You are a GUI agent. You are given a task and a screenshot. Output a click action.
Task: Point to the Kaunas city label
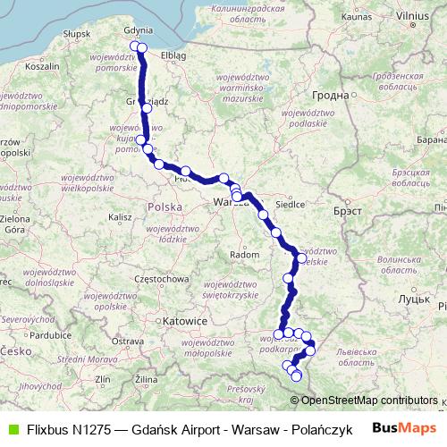point(356,16)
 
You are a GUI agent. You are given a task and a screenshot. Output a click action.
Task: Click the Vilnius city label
point(412,16)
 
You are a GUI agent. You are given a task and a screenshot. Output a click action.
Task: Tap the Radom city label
point(244,255)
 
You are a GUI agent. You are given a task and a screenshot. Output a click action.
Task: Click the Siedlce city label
point(291,203)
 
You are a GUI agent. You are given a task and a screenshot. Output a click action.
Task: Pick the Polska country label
point(164,207)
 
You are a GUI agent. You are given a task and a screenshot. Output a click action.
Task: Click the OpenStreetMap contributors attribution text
point(370,401)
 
